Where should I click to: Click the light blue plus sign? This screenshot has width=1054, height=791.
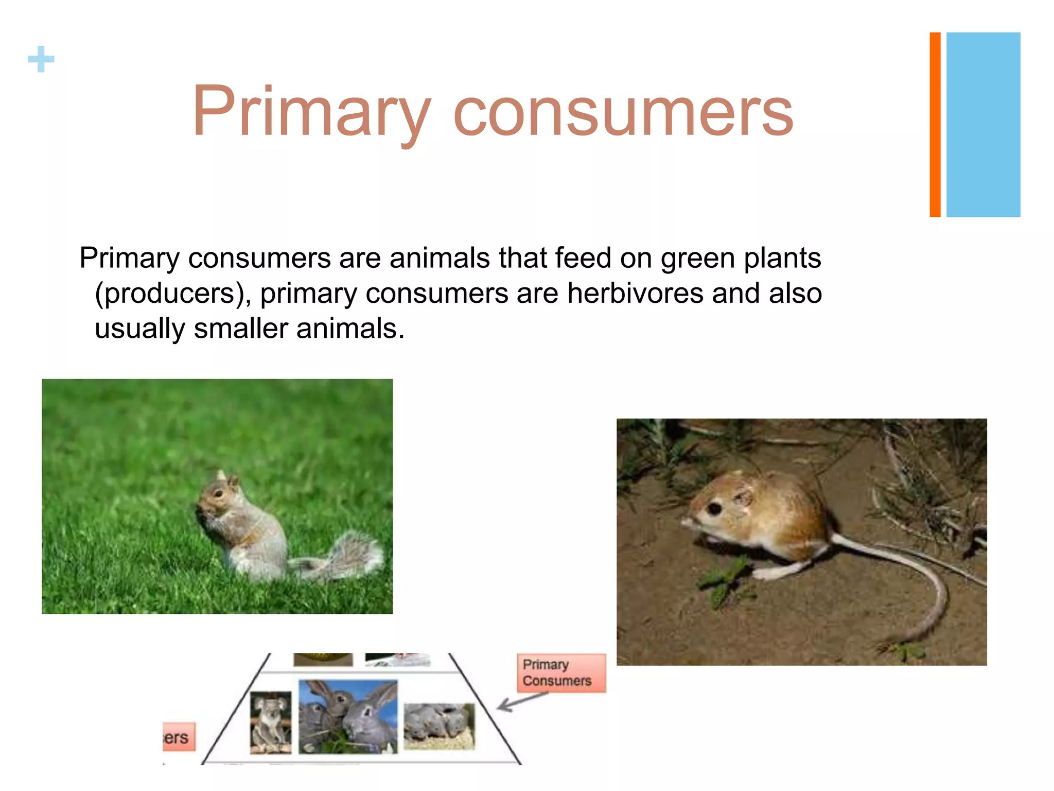click(41, 59)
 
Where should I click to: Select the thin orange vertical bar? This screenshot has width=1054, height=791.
click(935, 125)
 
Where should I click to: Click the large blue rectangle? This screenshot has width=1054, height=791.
click(983, 125)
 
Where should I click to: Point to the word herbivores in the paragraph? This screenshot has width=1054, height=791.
click(635, 294)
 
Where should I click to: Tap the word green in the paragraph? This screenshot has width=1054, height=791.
click(697, 259)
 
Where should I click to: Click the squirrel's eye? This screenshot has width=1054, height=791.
click(219, 493)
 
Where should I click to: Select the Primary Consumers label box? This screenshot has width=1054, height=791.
click(561, 673)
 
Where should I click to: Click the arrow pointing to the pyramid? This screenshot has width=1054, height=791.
click(520, 701)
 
